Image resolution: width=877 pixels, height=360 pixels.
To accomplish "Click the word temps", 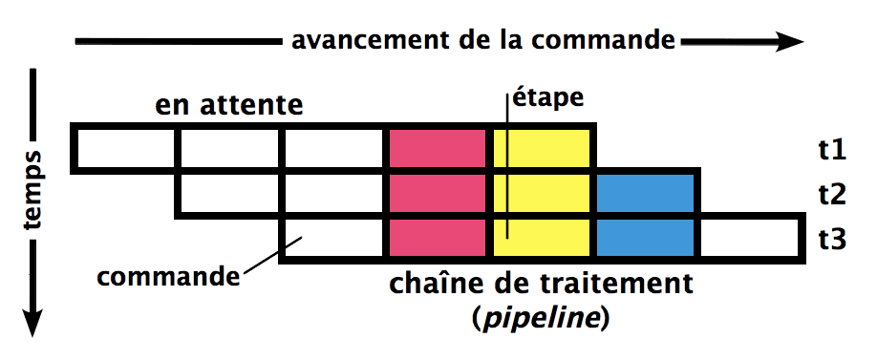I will (34, 191).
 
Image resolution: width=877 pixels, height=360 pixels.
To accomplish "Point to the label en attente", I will (229, 103).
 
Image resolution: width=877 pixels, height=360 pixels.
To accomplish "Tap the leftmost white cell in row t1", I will (124, 149).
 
